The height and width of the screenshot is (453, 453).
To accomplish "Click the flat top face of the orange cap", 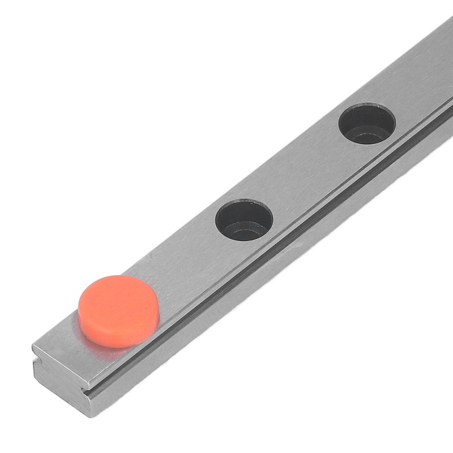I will pos(118,300).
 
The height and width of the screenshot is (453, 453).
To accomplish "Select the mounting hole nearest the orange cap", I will pos(245,220).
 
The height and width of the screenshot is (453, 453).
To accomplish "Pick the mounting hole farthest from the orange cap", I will pos(367,123).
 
